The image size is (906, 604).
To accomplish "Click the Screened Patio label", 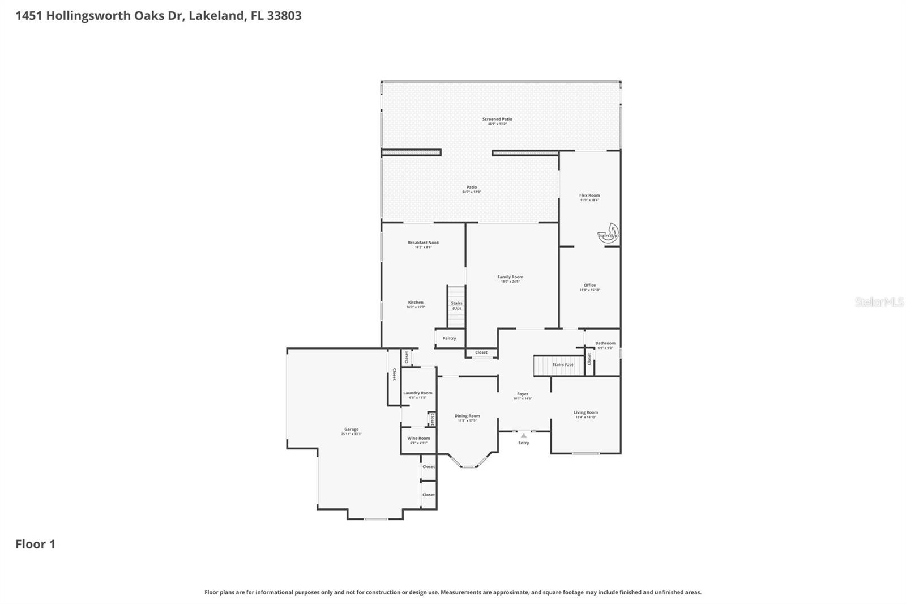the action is [497, 120].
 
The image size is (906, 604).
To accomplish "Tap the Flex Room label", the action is [589, 195].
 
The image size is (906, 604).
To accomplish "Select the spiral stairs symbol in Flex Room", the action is [608, 233].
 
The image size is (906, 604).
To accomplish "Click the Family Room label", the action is [510, 277].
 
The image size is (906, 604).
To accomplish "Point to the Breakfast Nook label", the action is [423, 243].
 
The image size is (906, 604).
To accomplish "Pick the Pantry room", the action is [450, 338].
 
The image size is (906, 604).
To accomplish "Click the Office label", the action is [589, 286].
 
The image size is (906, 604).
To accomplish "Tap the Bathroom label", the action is [605, 343].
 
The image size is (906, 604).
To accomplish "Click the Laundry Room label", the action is [417, 393].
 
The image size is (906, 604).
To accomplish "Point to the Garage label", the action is [351, 429].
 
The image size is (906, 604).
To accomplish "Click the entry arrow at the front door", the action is [523, 436].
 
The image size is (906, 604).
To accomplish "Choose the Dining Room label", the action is [467, 416].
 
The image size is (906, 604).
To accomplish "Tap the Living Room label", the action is [586, 412].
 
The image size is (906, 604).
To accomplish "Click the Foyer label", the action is [522, 394].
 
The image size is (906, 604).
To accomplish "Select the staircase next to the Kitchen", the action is [456, 307].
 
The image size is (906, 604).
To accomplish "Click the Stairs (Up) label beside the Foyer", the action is [562, 364].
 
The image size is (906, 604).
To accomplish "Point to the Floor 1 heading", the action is [35, 544].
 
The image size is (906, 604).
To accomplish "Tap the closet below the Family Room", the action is [481, 352].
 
